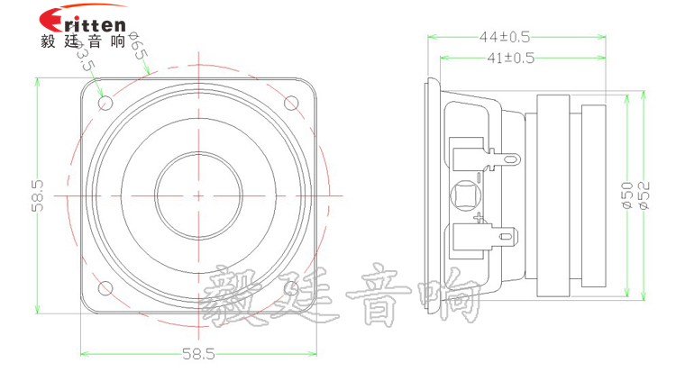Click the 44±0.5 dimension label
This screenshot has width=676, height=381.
pos(505,37)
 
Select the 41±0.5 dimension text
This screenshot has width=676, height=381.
pos(510,58)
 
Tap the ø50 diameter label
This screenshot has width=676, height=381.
pos(627,195)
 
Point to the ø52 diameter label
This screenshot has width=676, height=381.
pos(644,195)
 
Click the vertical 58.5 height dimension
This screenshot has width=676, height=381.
pos(38,195)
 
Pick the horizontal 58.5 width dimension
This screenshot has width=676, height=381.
pos(198,354)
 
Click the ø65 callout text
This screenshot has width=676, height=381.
pos(139,45)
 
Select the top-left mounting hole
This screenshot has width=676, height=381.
pos(105,103)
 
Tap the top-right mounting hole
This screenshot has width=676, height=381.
pos(291,103)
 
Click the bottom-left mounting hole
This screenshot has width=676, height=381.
pos(105,288)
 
